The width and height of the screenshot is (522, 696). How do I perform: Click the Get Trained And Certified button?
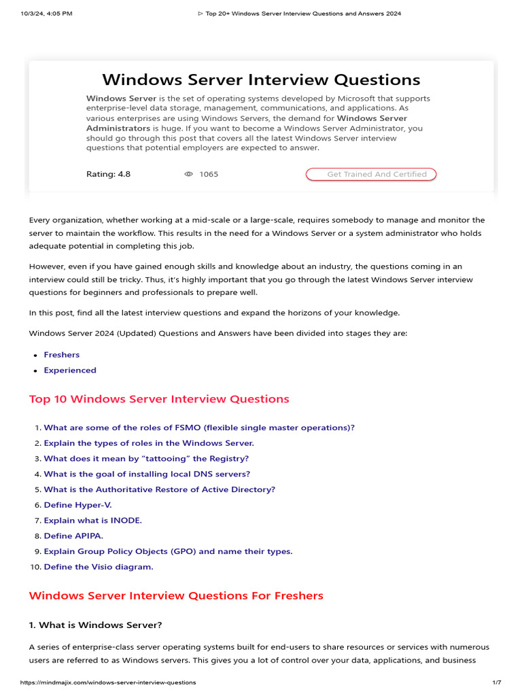(371, 174)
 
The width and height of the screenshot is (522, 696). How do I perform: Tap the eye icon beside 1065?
(189, 174)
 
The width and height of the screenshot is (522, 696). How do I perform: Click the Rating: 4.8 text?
(108, 174)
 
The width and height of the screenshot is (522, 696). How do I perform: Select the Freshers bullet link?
(61, 355)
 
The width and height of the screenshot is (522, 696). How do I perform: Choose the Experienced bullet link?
(70, 370)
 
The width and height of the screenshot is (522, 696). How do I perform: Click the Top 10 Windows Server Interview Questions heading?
(159, 399)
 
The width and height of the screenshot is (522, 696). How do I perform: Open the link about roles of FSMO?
(199, 428)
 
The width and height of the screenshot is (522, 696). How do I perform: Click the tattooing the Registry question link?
(146, 459)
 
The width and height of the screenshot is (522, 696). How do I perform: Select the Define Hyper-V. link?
(77, 505)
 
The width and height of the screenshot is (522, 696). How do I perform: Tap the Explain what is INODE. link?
(93, 521)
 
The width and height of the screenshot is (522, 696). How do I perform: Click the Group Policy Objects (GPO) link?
(168, 551)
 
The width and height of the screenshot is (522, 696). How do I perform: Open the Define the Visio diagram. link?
(99, 567)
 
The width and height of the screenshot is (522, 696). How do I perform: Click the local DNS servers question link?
(147, 474)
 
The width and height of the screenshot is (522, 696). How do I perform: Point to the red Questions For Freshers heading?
(176, 596)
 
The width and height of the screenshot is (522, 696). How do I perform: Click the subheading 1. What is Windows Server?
(95, 625)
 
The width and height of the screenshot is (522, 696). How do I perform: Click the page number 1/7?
(496, 682)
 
